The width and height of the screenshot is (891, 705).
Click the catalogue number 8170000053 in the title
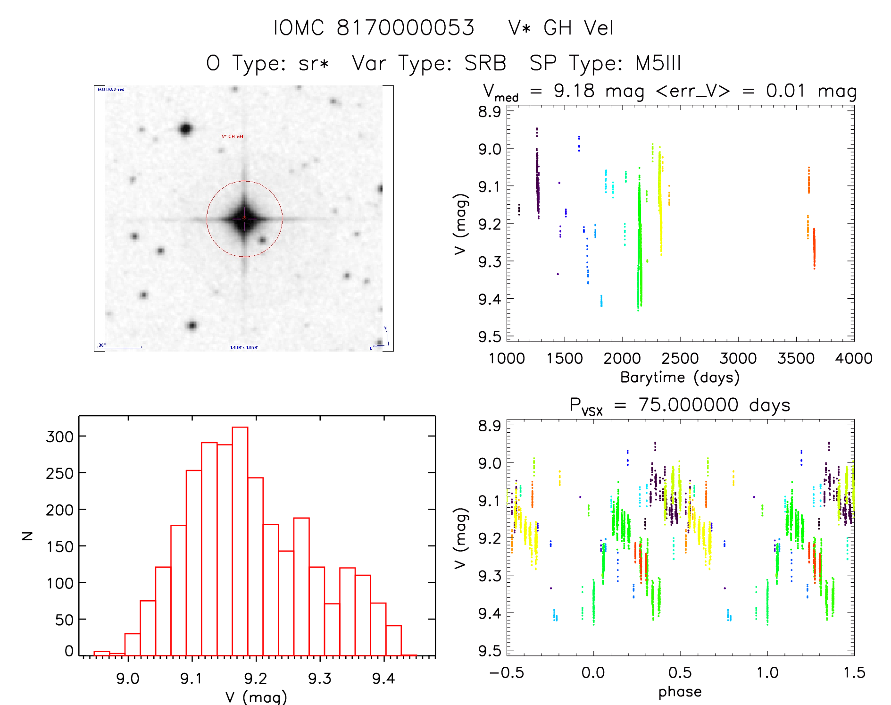tap(405, 28)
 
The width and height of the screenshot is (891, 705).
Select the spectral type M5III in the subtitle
tap(658, 63)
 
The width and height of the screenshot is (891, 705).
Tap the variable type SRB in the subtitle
tap(485, 63)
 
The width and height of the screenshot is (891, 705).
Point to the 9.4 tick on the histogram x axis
tap(383, 679)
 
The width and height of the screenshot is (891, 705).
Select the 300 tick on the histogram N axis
tap(59, 436)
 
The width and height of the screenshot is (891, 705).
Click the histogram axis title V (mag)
tap(256, 697)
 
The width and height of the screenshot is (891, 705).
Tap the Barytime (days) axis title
tap(680, 378)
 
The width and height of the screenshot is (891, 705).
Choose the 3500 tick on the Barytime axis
tap(796, 359)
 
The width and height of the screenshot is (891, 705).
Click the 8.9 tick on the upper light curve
tap(490, 112)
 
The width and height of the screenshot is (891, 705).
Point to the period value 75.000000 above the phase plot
tap(688, 405)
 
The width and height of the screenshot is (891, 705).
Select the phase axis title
tap(680, 692)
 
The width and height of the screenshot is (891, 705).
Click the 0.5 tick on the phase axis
tap(680, 672)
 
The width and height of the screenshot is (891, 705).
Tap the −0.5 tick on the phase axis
tap(507, 672)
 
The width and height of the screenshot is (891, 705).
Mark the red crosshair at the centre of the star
tap(244, 218)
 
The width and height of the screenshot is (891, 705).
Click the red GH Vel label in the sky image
tap(233, 137)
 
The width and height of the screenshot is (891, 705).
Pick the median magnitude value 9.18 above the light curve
tap(574, 91)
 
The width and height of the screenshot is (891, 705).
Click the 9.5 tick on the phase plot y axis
tap(490, 651)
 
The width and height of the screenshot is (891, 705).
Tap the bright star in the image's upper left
tap(185, 129)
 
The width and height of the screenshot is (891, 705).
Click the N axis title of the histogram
tap(28, 536)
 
